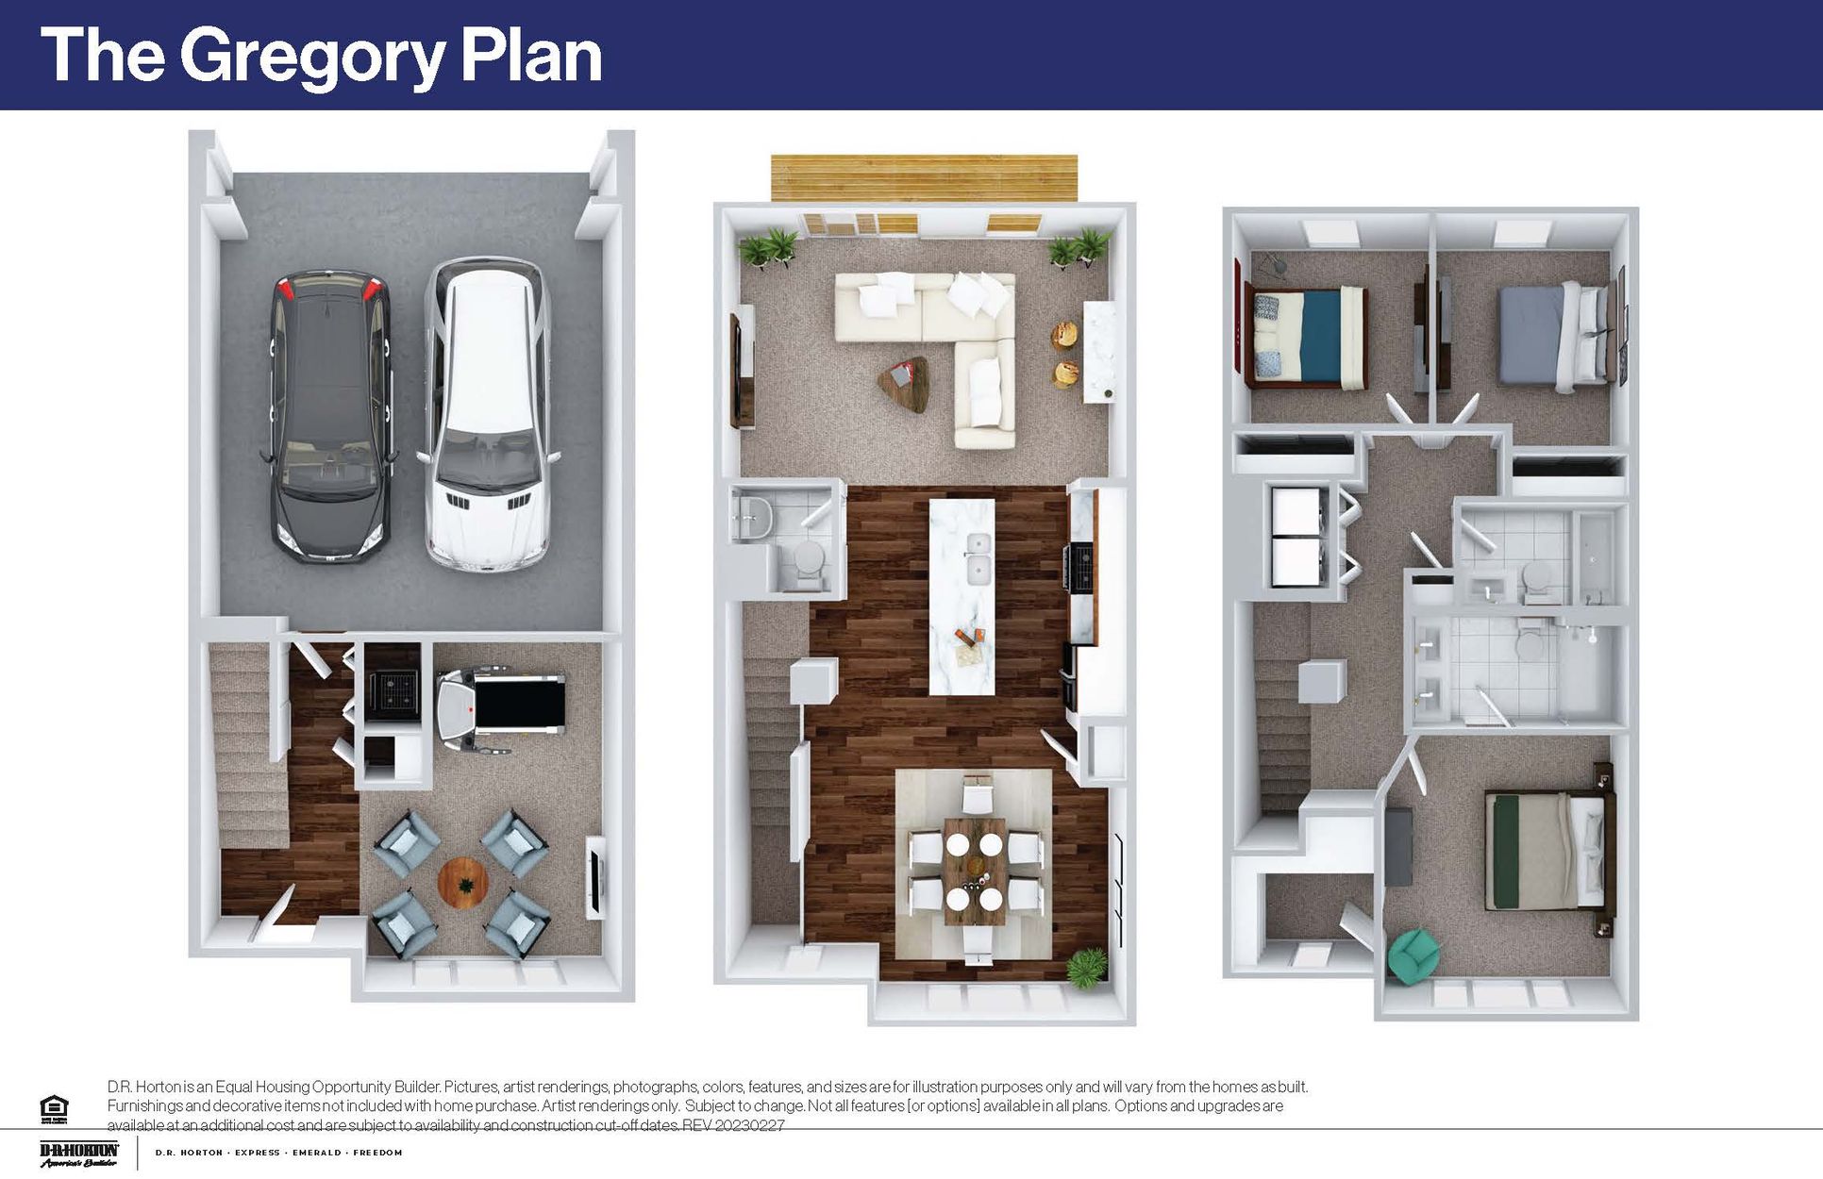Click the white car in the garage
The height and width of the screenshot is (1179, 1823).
click(485, 415)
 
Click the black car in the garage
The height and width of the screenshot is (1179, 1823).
click(328, 415)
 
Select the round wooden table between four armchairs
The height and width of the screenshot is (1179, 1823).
click(463, 882)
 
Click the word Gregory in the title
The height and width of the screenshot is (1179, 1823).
click(311, 57)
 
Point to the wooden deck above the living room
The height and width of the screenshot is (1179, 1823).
click(924, 177)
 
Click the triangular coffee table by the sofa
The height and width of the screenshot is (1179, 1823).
click(904, 382)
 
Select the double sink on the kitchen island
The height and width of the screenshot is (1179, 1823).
click(978, 556)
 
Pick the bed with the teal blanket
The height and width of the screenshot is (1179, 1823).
click(1307, 338)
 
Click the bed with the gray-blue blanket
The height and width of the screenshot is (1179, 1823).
click(1552, 337)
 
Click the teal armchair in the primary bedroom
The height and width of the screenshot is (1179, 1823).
click(1413, 955)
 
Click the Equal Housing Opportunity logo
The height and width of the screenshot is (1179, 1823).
click(54, 1108)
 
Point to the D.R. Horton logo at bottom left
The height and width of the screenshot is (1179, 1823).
click(79, 1154)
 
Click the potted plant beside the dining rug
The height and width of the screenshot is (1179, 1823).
click(1086, 966)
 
